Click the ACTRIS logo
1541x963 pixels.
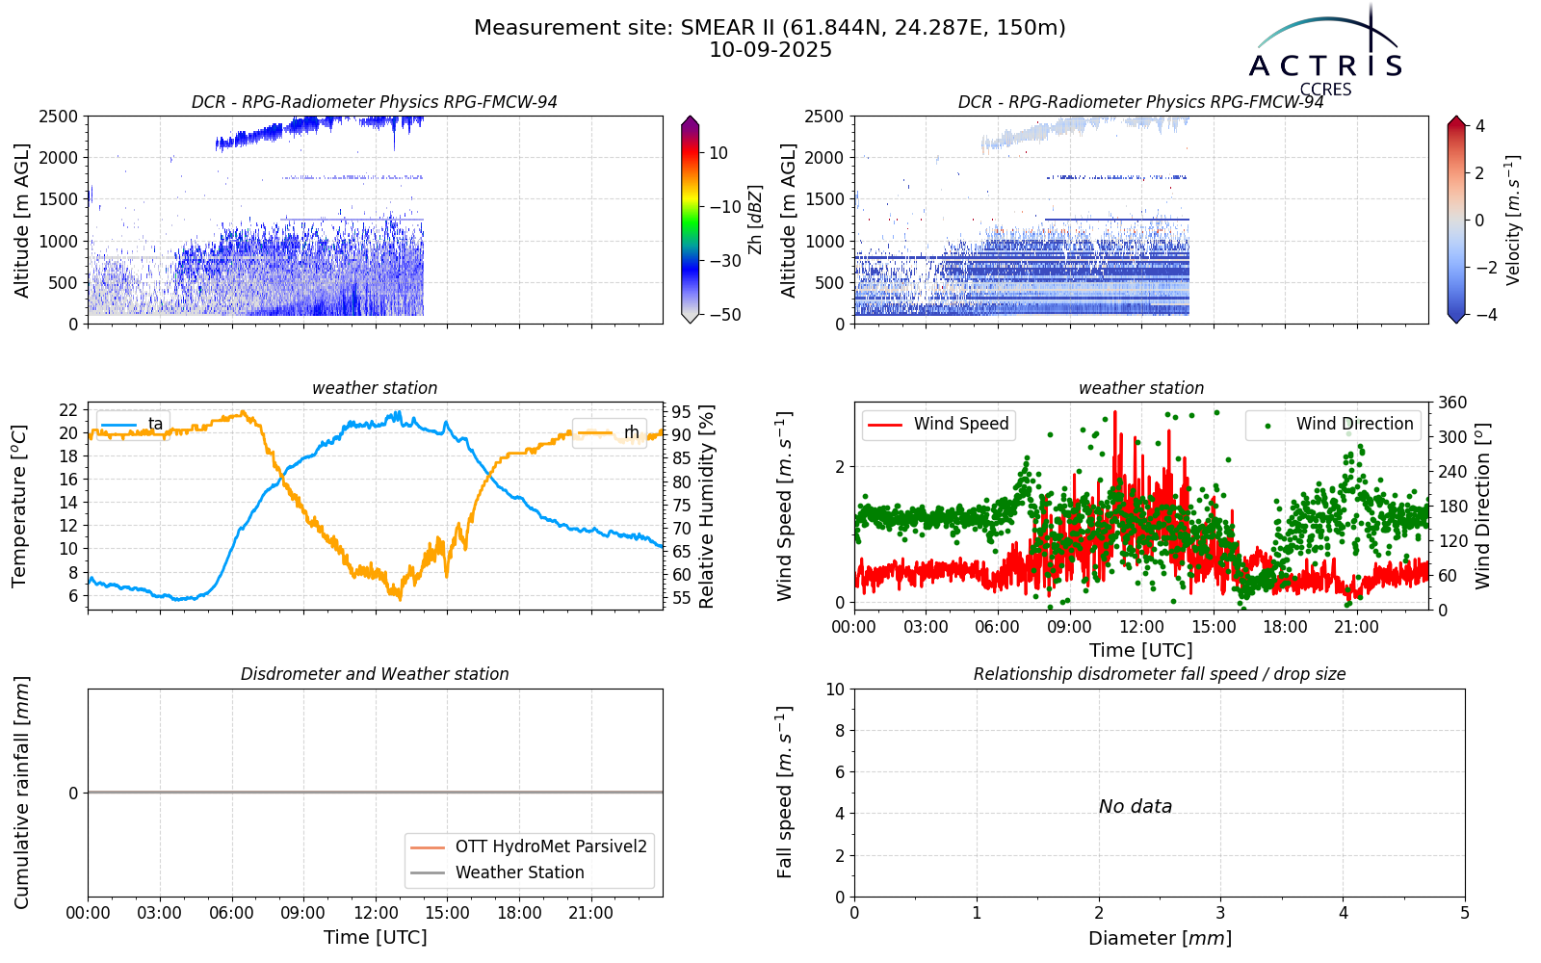coord(1325,52)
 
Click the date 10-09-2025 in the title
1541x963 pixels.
coord(770,50)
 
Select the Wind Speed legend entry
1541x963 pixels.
coord(937,424)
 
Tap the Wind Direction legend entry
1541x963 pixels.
coord(1332,424)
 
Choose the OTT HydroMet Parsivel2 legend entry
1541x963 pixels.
coord(529,846)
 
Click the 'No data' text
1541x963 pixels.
coord(1136,806)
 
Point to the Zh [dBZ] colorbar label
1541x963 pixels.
coord(755,220)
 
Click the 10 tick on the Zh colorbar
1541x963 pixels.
coord(718,153)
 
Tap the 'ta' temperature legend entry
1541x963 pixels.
coord(132,424)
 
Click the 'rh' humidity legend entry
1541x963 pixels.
coord(609,432)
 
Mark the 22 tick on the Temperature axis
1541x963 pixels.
coord(68,410)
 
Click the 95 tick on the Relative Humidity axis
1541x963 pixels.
coord(681,413)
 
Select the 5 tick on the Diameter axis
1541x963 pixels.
coord(1465,913)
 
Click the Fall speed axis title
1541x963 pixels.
coord(785,793)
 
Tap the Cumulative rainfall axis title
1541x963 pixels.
coord(21,793)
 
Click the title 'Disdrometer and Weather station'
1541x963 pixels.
coord(375,674)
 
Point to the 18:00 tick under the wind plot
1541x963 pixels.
coord(1285,627)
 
